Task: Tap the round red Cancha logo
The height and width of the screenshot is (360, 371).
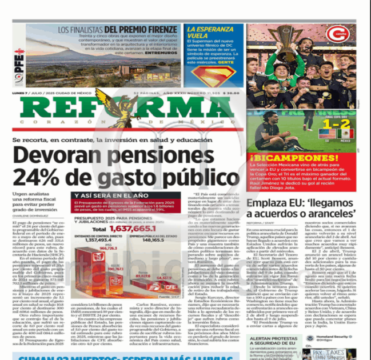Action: click(337, 34)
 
